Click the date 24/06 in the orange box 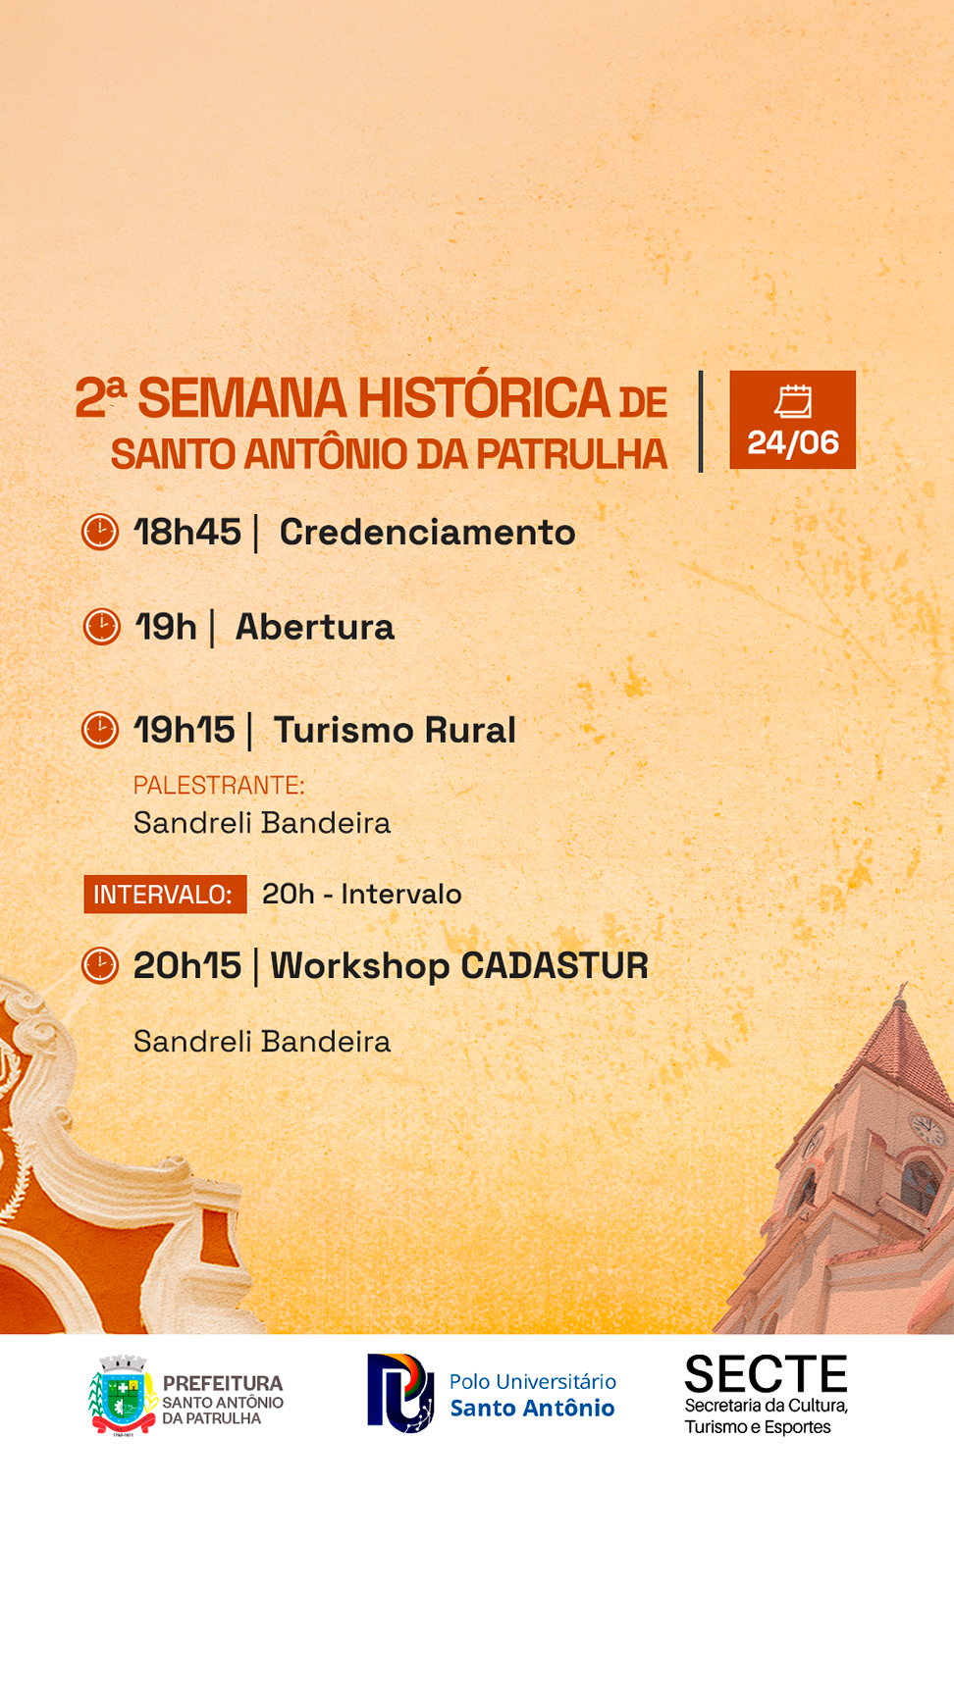[793, 442]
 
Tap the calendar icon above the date [793, 400]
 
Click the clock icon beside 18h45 [100, 532]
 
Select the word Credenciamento [428, 532]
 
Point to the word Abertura [315, 627]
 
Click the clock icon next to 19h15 [100, 730]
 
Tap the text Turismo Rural [395, 730]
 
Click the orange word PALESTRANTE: [219, 786]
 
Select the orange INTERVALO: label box [165, 895]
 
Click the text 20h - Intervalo [361, 894]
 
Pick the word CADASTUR [555, 966]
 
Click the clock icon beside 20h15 [100, 965]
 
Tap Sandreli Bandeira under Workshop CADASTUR [262, 1041]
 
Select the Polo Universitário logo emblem [400, 1393]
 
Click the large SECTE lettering [766, 1374]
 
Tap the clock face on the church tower [927, 1128]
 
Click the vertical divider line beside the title [701, 422]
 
